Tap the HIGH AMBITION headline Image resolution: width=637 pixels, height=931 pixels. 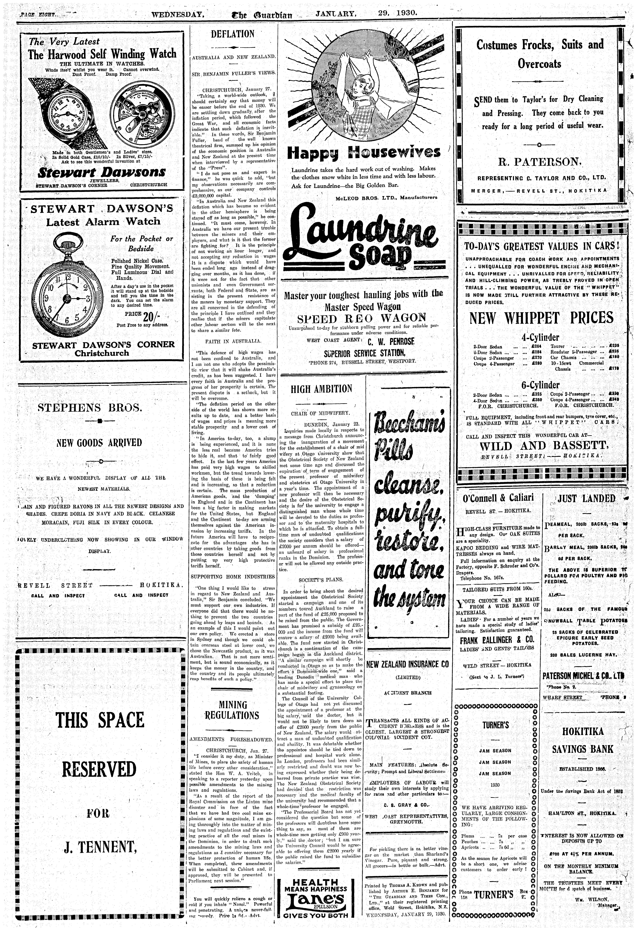tap(322, 389)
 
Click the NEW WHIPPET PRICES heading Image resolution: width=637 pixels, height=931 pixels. tap(541, 318)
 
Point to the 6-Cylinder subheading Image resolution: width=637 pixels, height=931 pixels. tap(540, 385)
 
